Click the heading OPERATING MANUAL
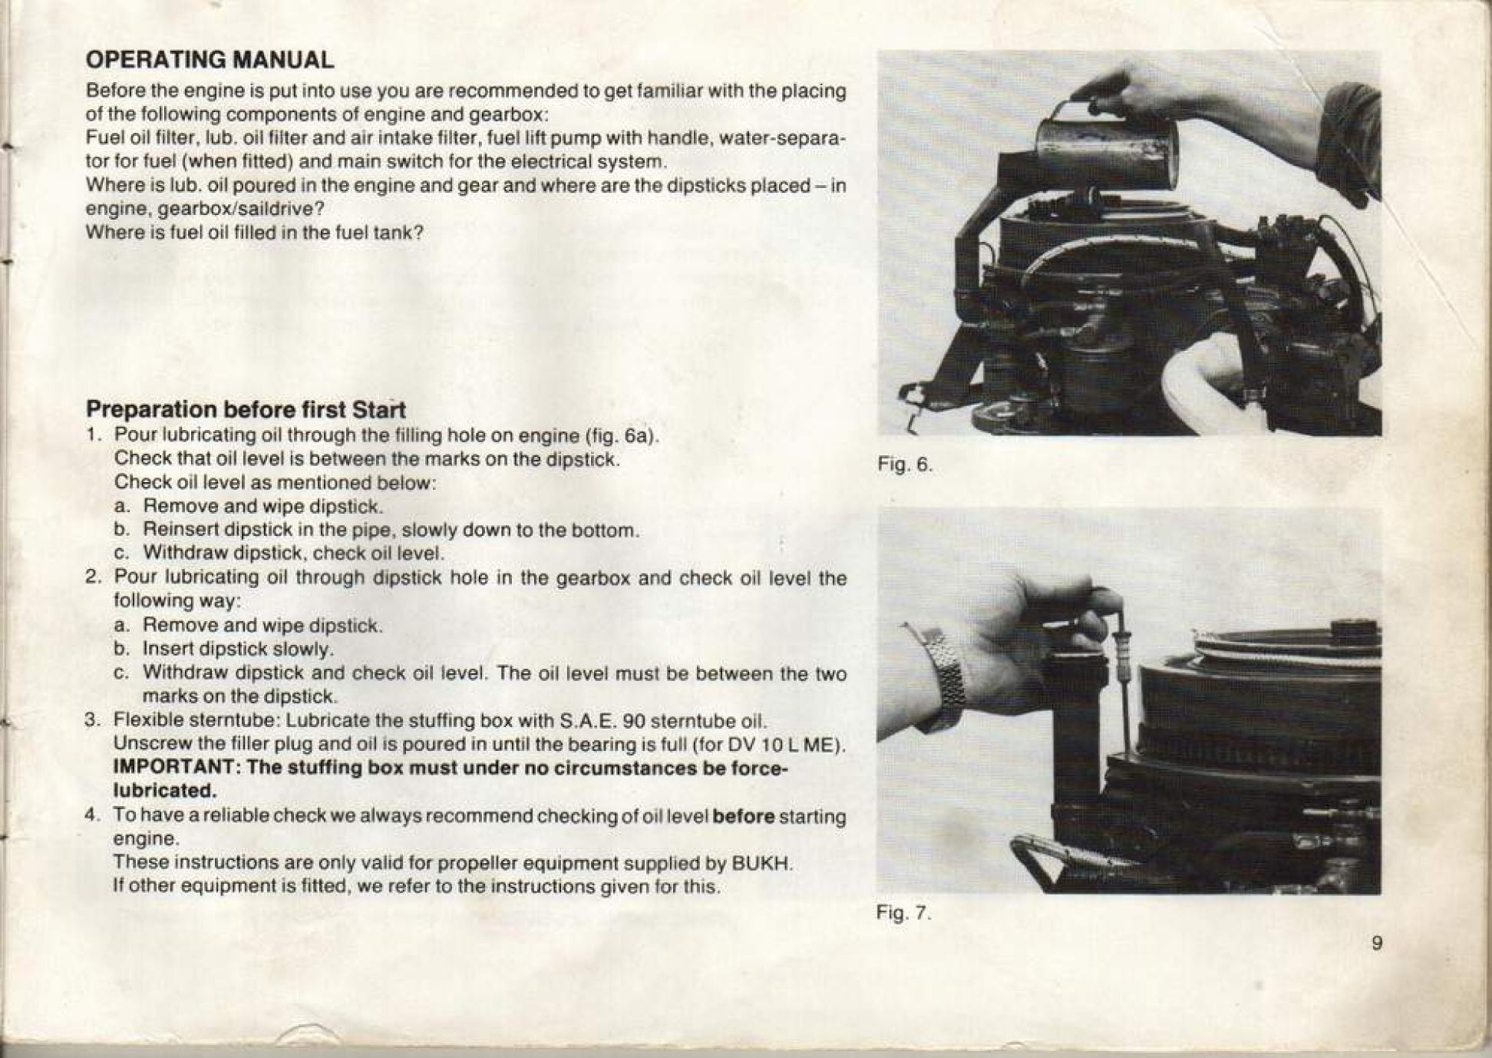tap(210, 60)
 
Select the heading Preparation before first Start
tap(246, 408)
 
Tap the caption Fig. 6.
tap(905, 465)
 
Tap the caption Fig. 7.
tap(903, 914)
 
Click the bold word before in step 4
tap(743, 816)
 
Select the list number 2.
tap(93, 577)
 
